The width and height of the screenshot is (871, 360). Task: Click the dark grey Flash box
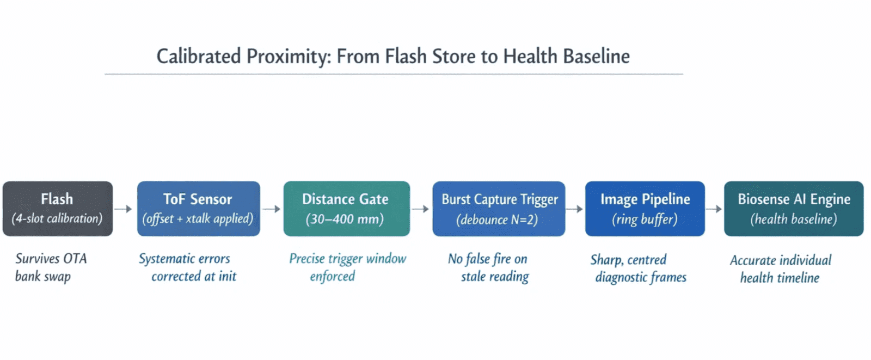point(58,209)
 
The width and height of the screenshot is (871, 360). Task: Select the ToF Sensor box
point(198,209)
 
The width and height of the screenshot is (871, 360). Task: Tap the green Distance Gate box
point(346,209)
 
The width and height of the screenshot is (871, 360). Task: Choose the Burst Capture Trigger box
point(499,209)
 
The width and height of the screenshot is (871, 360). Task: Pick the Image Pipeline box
point(645,209)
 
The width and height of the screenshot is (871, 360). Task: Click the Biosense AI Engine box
point(794,209)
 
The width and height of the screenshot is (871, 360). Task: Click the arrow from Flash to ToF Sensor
point(123,209)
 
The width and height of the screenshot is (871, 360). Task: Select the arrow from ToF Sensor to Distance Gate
point(272,209)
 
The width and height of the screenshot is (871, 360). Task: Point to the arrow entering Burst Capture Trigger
point(421,209)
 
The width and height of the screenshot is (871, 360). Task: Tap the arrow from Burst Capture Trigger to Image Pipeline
point(575,209)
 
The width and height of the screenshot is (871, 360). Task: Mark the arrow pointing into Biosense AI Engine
point(714,209)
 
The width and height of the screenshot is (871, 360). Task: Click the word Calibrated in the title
point(199,56)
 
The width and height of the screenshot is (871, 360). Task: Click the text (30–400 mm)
point(345,219)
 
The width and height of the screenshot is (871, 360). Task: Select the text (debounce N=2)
point(498,219)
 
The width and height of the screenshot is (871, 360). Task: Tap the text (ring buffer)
point(645,219)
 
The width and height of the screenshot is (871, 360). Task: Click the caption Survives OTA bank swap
point(51,267)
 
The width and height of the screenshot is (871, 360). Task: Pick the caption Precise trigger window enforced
point(348,267)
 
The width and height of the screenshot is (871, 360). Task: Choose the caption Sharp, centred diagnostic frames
point(639,269)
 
